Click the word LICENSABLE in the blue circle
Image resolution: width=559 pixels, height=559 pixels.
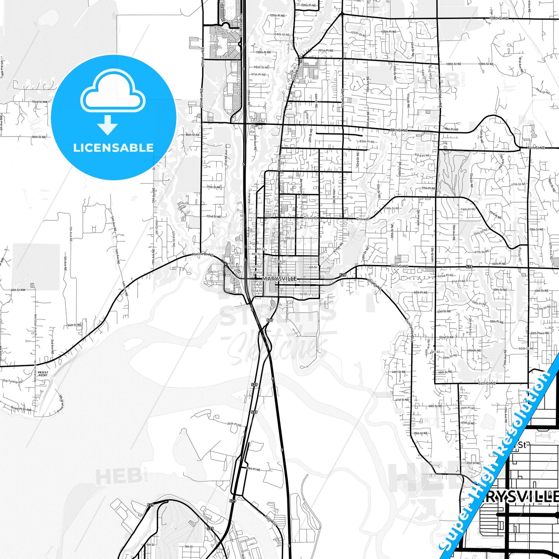pos(113,148)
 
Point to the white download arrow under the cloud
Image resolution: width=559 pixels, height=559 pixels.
pos(108,125)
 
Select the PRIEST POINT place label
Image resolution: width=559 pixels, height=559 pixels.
pos(43,374)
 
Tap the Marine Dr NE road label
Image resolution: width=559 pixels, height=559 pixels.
pos(202,255)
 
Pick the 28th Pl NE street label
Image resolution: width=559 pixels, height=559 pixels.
pos(253,469)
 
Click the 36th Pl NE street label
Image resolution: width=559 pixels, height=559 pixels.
pos(234,424)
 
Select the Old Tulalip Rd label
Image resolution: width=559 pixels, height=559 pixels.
pos(12,381)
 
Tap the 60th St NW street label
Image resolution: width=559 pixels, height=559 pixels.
pos(18,290)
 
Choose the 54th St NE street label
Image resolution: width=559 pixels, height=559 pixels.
pos(74,325)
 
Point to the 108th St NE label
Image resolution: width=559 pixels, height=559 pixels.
pos(499,18)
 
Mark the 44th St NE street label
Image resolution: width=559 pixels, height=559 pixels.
pos(487,383)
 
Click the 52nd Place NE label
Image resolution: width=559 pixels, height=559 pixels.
pos(540,333)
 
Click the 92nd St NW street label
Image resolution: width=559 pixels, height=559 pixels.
pos(40,102)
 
